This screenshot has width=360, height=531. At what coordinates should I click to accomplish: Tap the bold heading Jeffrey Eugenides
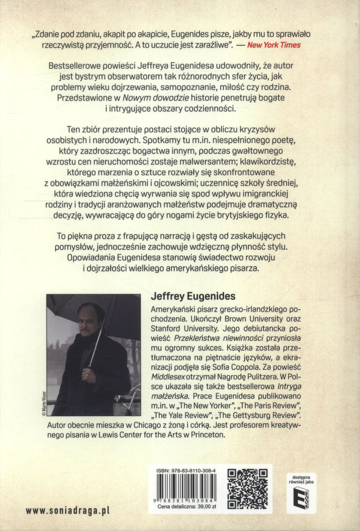(193, 296)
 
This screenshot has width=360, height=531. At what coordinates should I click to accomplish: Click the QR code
(248, 489)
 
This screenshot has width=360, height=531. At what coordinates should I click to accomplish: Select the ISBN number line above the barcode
(186, 471)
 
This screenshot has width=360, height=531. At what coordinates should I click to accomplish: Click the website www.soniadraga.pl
(68, 511)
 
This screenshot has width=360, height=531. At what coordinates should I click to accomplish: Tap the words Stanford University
(184, 328)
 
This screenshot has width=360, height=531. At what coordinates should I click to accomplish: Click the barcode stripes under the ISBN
(186, 487)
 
